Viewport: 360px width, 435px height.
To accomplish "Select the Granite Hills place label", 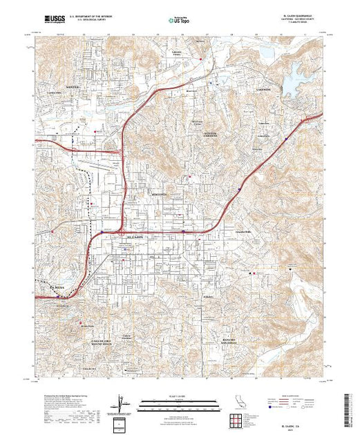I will pyautogui.click(x=245, y=231).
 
